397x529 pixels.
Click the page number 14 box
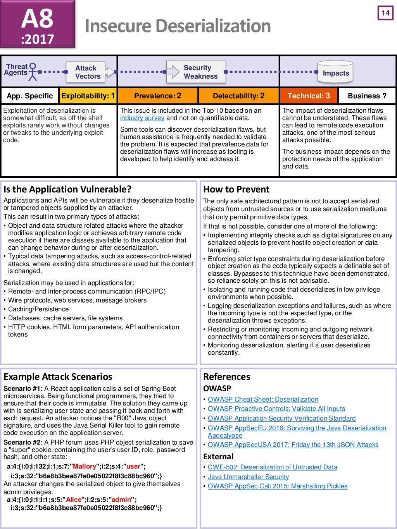385,13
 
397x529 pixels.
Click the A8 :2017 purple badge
37,24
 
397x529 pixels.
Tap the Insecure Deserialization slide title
178,26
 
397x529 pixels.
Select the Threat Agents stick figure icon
33,72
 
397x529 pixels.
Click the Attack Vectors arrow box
88,72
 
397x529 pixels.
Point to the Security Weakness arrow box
198,72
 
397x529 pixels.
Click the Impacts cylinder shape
335,72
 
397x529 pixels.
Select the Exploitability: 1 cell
88,96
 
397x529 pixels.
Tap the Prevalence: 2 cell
157,96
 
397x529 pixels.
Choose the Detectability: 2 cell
238,96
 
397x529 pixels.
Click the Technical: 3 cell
309,96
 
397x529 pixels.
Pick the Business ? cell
367,96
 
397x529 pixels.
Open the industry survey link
142,118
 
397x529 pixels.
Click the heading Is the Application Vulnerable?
67,189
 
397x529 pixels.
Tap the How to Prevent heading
236,189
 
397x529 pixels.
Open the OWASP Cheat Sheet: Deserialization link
263,399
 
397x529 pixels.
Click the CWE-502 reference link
272,467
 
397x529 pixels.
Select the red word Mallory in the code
84,466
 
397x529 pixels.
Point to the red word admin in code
120,500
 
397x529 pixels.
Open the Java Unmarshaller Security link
248,477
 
